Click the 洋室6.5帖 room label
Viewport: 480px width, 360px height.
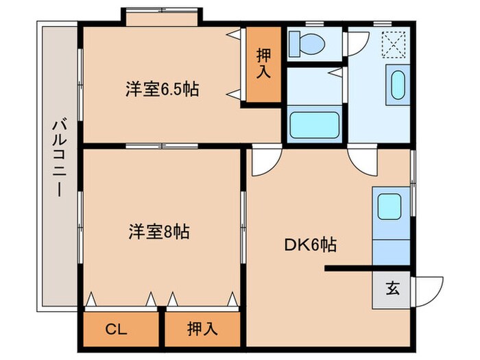162,90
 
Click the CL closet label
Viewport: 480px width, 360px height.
117,328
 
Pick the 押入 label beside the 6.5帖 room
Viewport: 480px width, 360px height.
263,64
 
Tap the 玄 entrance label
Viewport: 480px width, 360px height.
392,288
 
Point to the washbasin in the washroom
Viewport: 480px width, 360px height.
397,85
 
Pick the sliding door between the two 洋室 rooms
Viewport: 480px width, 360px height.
163,146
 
